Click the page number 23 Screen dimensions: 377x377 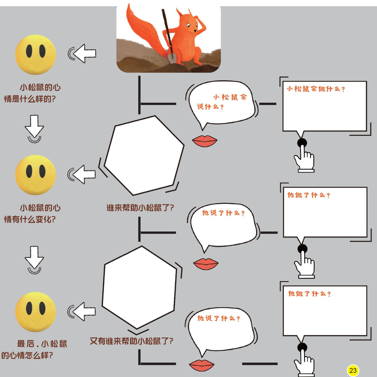(x=353, y=370)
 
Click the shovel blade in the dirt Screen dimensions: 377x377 (x=172, y=58)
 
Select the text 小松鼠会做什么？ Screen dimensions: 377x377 (x=316, y=89)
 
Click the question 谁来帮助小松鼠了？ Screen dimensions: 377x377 (x=140, y=208)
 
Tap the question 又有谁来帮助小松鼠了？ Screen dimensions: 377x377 (x=131, y=341)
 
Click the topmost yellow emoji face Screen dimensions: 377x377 (x=35, y=54)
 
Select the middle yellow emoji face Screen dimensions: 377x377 (x=35, y=175)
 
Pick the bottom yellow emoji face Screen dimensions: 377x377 (x=35, y=312)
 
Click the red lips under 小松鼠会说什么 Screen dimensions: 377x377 (x=204, y=141)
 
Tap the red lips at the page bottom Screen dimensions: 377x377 (x=202, y=365)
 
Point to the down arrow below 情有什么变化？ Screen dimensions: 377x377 (x=34, y=258)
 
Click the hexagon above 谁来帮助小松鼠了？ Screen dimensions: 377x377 (x=144, y=156)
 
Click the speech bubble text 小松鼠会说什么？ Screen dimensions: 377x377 (x=221, y=102)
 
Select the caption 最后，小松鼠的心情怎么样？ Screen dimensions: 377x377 (x=34, y=349)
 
